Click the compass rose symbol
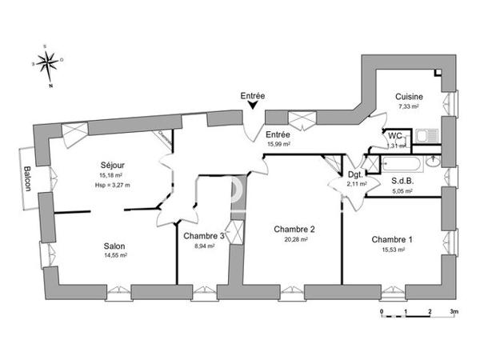coord(50,62)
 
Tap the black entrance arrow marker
coord(252,109)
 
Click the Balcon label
coord(27,178)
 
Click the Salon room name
coord(114,246)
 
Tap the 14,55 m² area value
coord(114,255)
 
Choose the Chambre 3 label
coord(204,235)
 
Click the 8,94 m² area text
coord(204,246)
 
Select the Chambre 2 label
coord(294,229)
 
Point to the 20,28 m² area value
coord(294,239)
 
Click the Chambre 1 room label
coord(392,240)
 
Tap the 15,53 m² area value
coord(392,250)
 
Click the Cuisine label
coord(409,97)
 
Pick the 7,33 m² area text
coord(409,106)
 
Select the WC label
coord(395,136)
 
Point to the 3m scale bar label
coord(454,310)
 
